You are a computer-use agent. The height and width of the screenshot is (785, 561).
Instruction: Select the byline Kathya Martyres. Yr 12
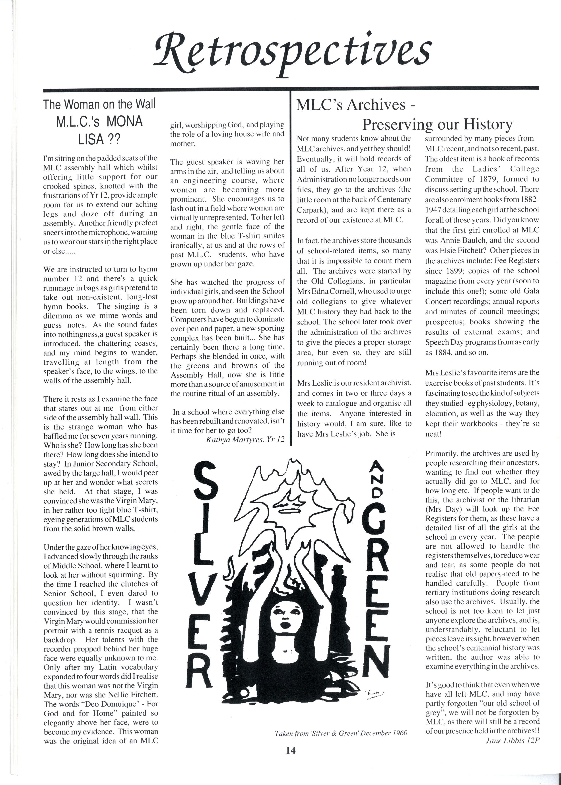point(245,439)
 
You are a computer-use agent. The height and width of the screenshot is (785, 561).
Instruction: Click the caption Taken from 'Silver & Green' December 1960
point(341,733)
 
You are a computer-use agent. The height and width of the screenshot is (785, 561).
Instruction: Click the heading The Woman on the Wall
point(99,104)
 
